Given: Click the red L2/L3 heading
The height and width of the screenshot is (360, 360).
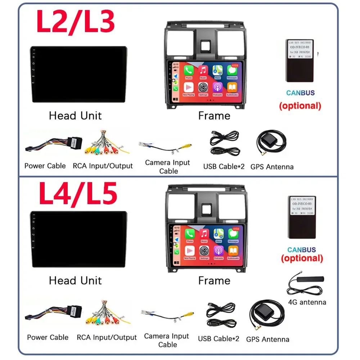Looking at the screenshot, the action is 76,22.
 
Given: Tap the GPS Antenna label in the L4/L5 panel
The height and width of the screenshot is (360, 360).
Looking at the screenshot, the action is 267,339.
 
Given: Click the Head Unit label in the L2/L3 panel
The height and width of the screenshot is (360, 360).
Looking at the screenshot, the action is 75,116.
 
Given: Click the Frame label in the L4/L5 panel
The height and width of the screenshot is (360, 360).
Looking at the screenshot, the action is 214,280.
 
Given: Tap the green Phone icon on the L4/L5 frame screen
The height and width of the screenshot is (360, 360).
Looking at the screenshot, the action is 190,234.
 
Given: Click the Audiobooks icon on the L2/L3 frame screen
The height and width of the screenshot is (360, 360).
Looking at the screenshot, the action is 232,87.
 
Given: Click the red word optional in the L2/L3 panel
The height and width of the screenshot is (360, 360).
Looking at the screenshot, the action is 300,106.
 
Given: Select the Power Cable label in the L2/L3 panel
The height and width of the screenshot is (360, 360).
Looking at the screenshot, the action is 45,166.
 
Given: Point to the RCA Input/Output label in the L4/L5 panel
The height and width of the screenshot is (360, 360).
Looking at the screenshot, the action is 107,338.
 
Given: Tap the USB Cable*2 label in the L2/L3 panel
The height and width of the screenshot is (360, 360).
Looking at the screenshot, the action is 224,167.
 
